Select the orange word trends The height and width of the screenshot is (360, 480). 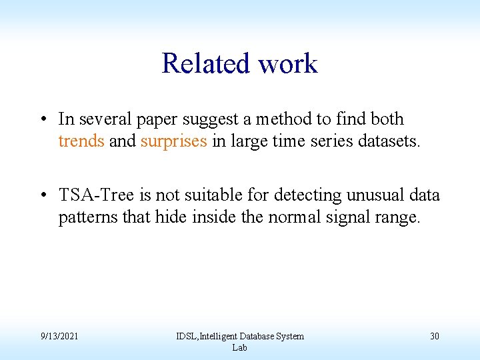click(x=81, y=141)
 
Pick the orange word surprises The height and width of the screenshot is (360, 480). click(x=173, y=141)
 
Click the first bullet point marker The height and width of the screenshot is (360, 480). click(x=42, y=119)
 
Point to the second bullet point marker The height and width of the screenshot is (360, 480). click(x=42, y=195)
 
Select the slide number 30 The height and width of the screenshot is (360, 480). click(x=434, y=336)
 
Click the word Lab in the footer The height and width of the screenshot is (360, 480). click(x=239, y=347)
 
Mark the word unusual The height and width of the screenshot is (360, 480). click(x=371, y=195)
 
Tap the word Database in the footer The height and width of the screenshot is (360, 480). click(x=254, y=336)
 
